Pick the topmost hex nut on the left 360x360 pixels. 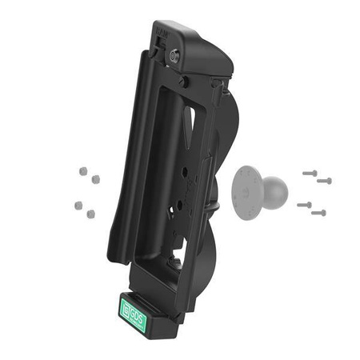82,170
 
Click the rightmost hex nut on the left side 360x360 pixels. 94,180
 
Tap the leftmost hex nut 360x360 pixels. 78,205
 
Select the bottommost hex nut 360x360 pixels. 90,214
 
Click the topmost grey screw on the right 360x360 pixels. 308,171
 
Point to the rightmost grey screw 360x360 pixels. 323,180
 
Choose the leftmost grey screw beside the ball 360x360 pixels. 303,205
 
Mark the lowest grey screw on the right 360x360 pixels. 318,213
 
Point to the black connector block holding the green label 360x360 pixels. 144,320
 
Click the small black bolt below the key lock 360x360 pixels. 183,82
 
